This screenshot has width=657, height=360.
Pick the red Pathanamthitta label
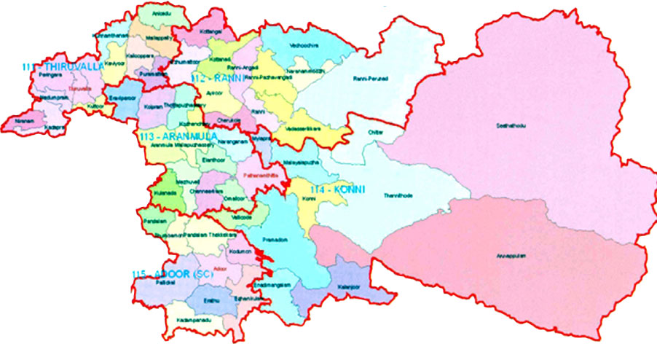tap(256, 176)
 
